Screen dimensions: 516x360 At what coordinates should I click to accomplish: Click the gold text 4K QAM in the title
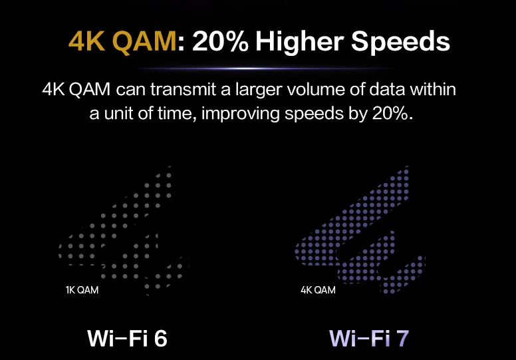pyautogui.click(x=122, y=42)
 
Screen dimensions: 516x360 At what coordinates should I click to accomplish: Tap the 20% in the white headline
pyautogui.click(x=220, y=41)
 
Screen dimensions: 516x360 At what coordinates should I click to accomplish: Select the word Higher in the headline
pyautogui.click(x=299, y=43)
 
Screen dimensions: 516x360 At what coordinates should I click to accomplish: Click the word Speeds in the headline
pyautogui.click(x=400, y=41)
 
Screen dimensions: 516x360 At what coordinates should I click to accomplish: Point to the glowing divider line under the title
pyautogui.click(x=265, y=69)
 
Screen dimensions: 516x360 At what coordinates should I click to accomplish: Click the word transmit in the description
pyautogui.click(x=183, y=89)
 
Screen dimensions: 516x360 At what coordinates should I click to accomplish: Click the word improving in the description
pyautogui.click(x=240, y=114)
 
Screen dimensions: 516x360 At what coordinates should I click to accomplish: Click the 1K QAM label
pyautogui.click(x=82, y=290)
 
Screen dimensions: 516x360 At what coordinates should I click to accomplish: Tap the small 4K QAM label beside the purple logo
pyautogui.click(x=318, y=290)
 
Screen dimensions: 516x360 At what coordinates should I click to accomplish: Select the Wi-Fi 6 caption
pyautogui.click(x=127, y=338)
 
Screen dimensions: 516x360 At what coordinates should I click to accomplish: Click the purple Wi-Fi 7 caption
pyautogui.click(x=369, y=338)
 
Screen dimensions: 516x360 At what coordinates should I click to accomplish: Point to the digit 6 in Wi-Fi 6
pyautogui.click(x=161, y=338)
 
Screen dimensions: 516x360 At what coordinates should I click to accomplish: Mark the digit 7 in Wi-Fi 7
pyautogui.click(x=403, y=338)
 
